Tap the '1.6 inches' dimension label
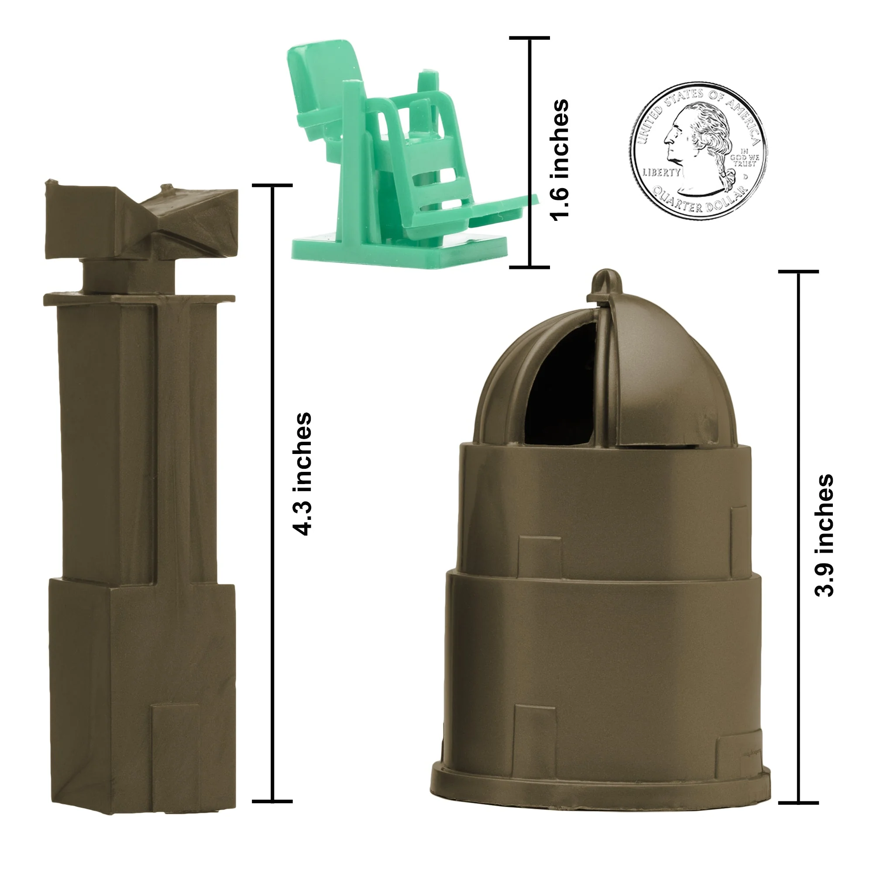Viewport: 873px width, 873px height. [559, 160]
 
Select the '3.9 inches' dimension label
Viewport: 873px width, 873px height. [824, 536]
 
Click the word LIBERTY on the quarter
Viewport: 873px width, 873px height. [662, 172]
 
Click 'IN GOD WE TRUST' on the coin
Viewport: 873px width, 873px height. [744, 158]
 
